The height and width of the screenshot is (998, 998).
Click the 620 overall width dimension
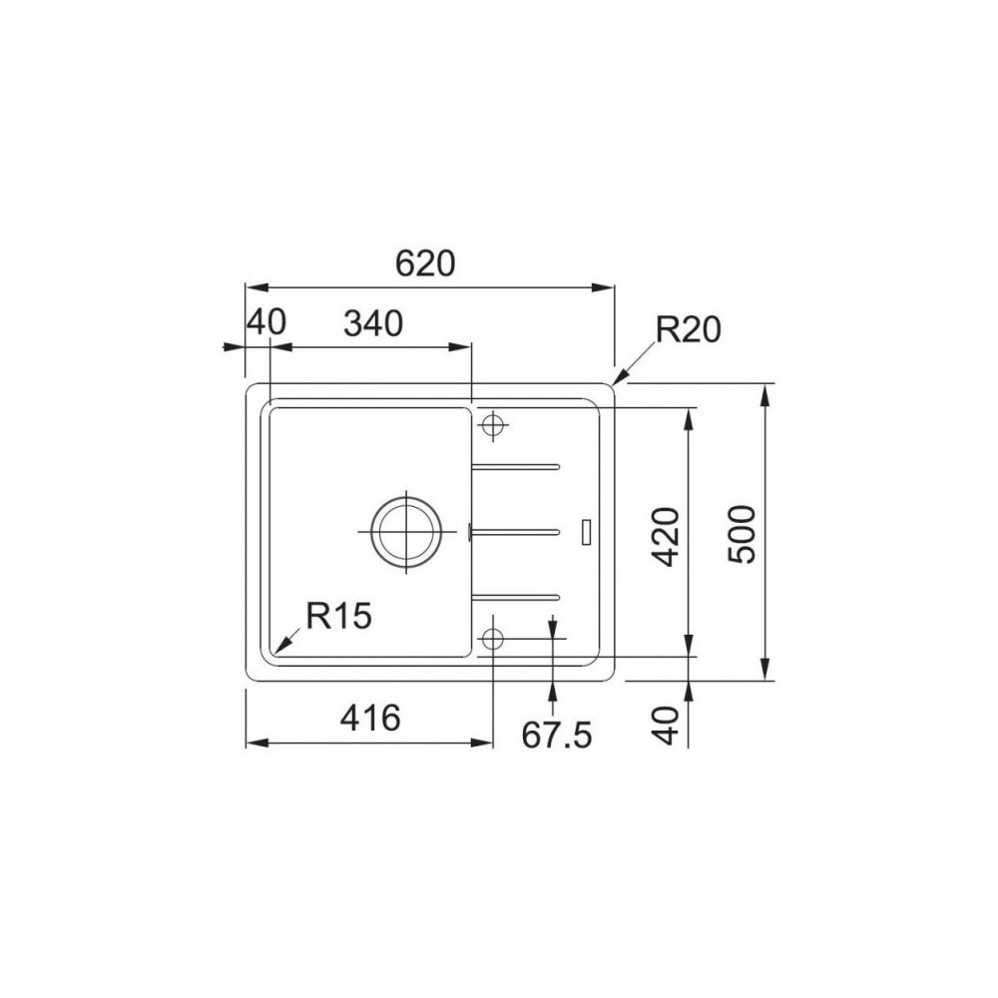[x=425, y=263]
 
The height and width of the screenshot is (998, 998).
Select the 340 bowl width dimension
[x=373, y=323]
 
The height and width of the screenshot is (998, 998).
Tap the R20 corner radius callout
[x=688, y=330]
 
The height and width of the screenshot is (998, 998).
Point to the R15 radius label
[x=338, y=616]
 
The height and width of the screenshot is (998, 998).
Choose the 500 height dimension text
[x=742, y=534]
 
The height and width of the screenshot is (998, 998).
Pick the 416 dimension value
[x=370, y=718]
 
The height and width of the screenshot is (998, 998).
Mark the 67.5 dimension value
[x=557, y=736]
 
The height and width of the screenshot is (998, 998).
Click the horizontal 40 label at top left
[x=266, y=322]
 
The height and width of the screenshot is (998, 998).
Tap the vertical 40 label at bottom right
[x=666, y=727]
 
